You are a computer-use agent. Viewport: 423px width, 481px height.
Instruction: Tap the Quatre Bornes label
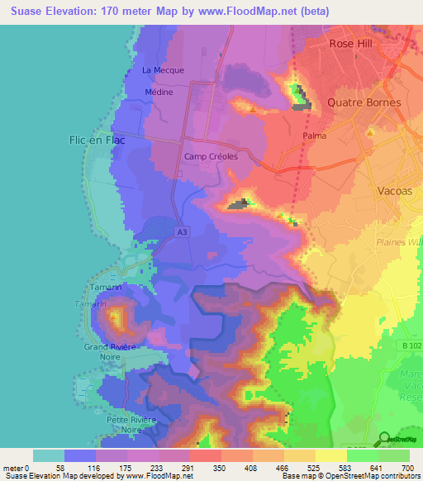click(x=364, y=103)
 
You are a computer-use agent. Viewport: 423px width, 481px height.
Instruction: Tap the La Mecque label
click(x=163, y=70)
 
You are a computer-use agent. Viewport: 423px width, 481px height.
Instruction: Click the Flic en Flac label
click(x=97, y=140)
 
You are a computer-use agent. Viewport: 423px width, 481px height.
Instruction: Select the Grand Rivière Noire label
click(x=110, y=351)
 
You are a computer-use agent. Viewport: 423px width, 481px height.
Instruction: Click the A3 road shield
click(x=181, y=234)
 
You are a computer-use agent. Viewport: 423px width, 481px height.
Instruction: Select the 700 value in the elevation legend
click(x=407, y=468)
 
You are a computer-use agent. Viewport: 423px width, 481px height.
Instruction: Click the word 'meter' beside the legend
click(x=14, y=468)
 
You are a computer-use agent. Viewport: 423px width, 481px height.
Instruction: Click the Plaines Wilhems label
click(x=397, y=241)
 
